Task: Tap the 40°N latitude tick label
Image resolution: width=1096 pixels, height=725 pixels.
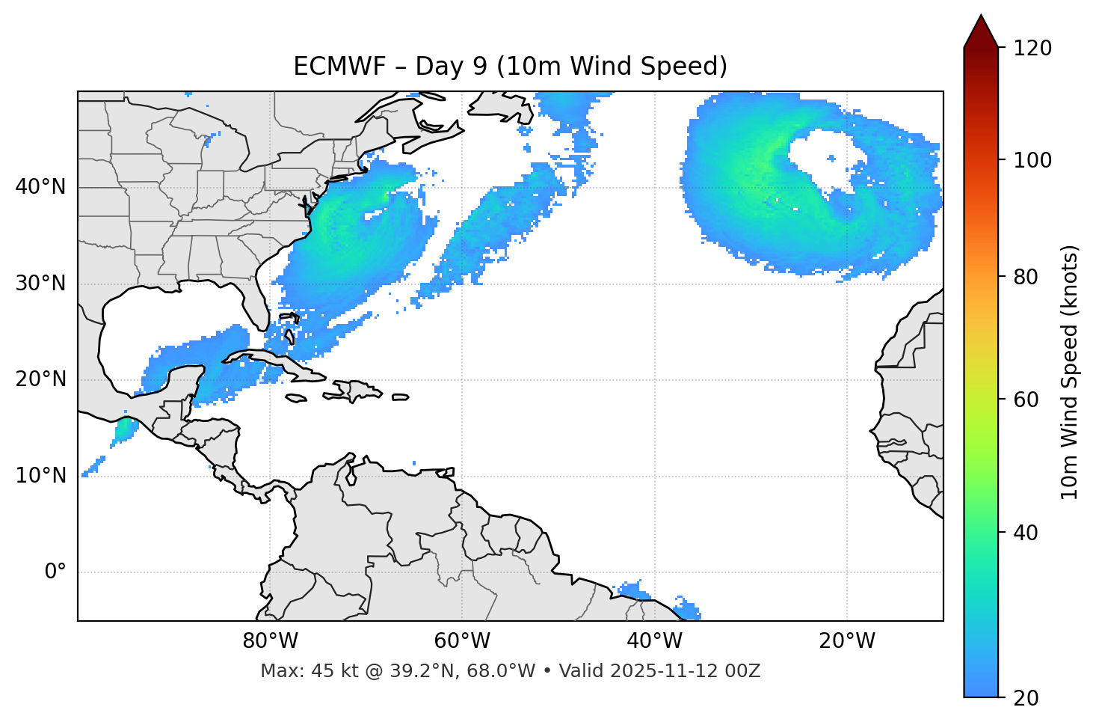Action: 40,187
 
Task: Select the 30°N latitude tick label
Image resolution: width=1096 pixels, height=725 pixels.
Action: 40,284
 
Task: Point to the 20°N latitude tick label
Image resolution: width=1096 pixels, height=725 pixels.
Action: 40,379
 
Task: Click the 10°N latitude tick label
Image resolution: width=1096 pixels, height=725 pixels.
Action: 40,476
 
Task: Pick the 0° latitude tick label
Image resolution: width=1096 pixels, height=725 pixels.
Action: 55,572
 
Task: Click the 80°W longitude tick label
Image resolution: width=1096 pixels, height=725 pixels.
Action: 270,641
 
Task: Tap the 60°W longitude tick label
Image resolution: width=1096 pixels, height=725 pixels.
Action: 462,641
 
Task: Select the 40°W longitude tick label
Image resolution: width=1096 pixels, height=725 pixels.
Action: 654,641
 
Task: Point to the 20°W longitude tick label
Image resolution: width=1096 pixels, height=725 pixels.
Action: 846,641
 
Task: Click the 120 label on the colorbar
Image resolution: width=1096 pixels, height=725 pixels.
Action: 1032,48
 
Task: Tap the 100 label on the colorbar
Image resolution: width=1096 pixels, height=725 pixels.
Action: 1032,160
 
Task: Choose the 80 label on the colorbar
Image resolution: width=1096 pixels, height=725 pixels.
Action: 1026,277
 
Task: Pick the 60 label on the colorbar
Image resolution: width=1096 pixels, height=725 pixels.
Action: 1026,400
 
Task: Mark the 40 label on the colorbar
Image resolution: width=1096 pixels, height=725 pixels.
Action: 1026,533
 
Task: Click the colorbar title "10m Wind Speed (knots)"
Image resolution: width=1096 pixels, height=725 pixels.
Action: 1070,372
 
